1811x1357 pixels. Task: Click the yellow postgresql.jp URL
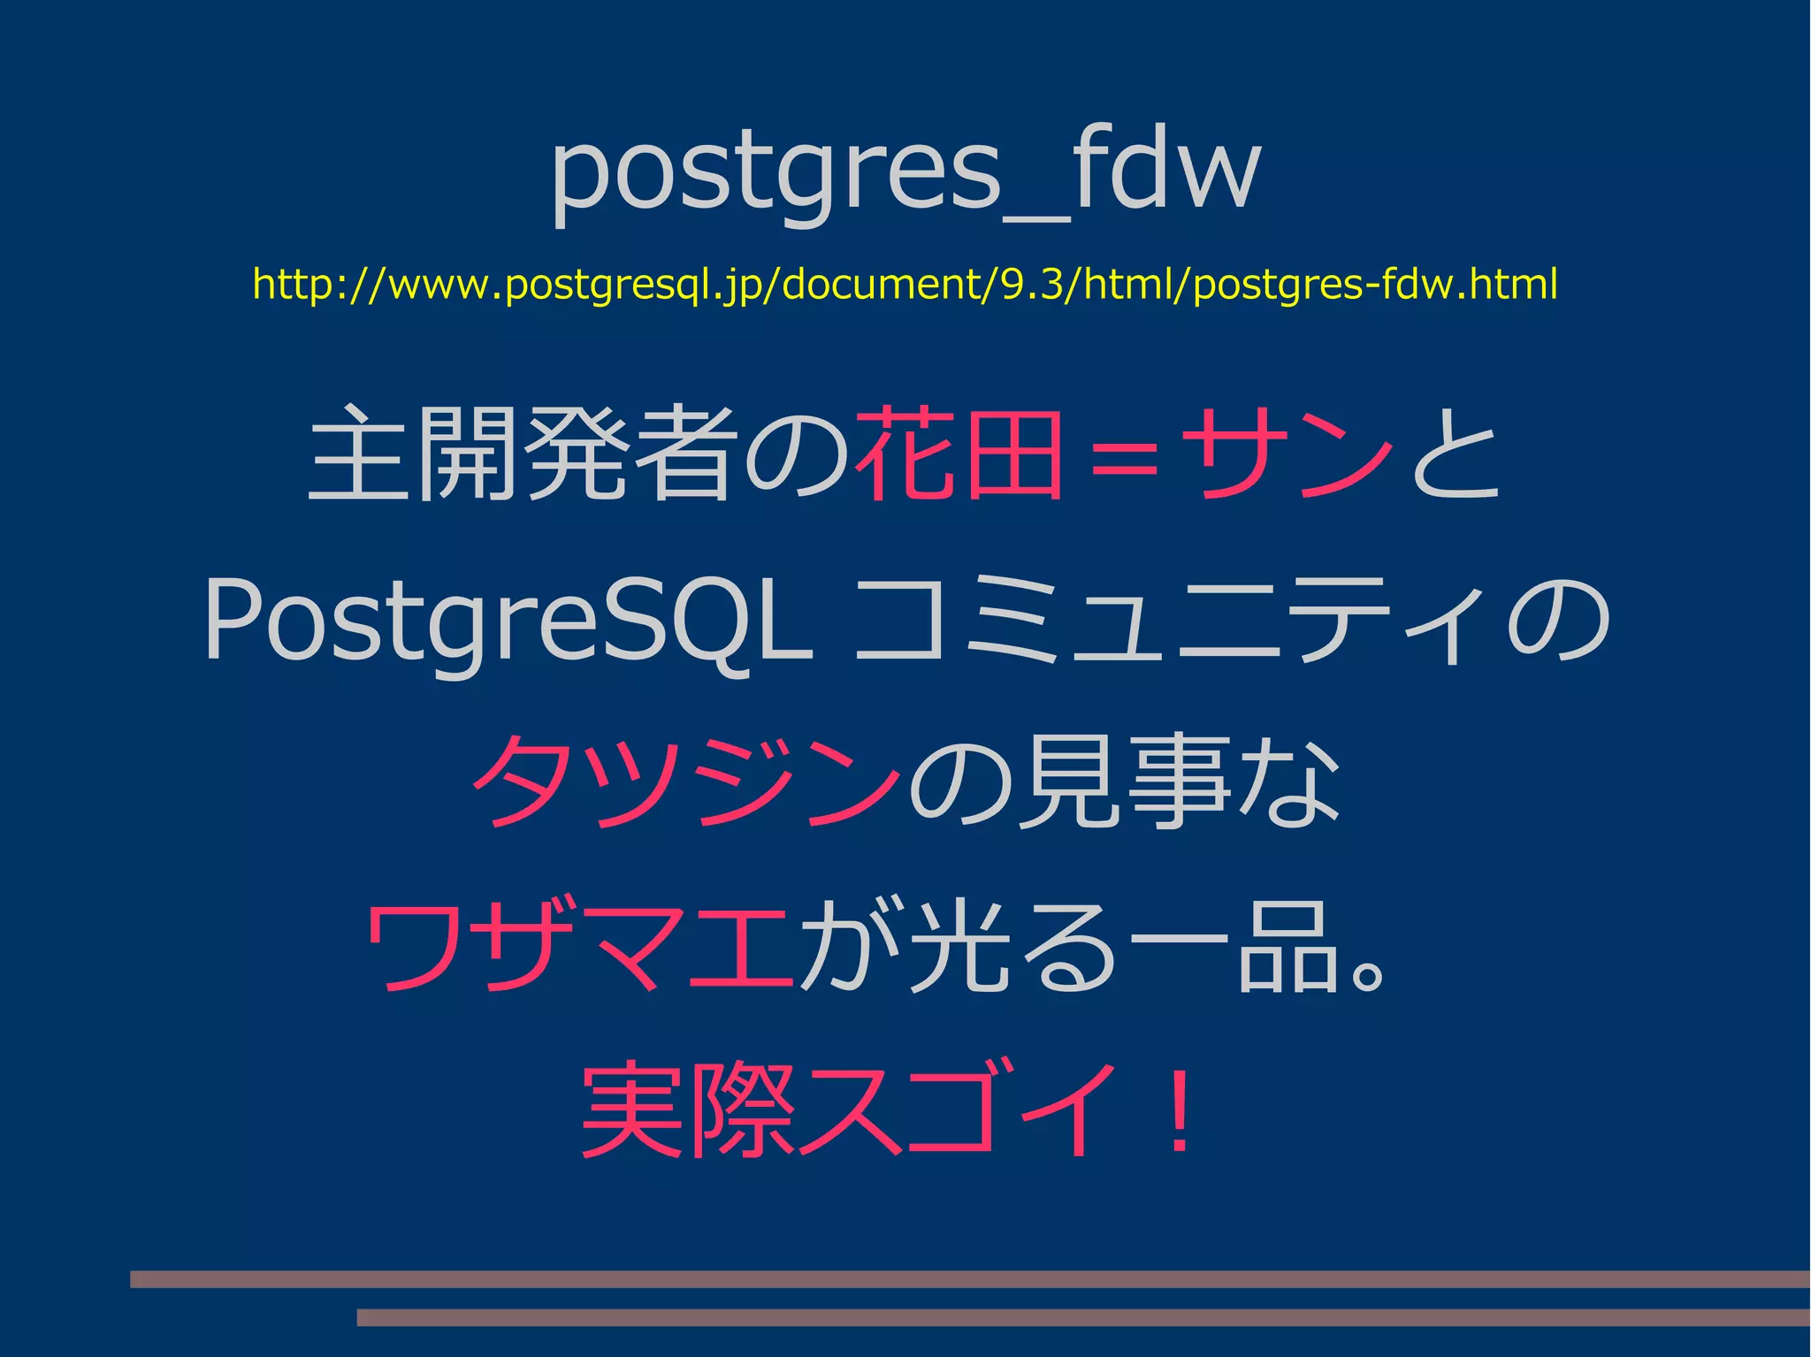pos(905,285)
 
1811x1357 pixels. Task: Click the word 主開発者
pos(522,454)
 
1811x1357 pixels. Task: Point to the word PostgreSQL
pos(508,619)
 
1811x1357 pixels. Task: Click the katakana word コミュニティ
pos(1176,619)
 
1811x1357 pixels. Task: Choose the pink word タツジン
pos(685,782)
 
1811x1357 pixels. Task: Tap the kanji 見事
pos(1123,782)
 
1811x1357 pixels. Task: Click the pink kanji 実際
pos(690,1109)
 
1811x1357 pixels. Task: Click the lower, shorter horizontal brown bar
pos(1083,1317)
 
